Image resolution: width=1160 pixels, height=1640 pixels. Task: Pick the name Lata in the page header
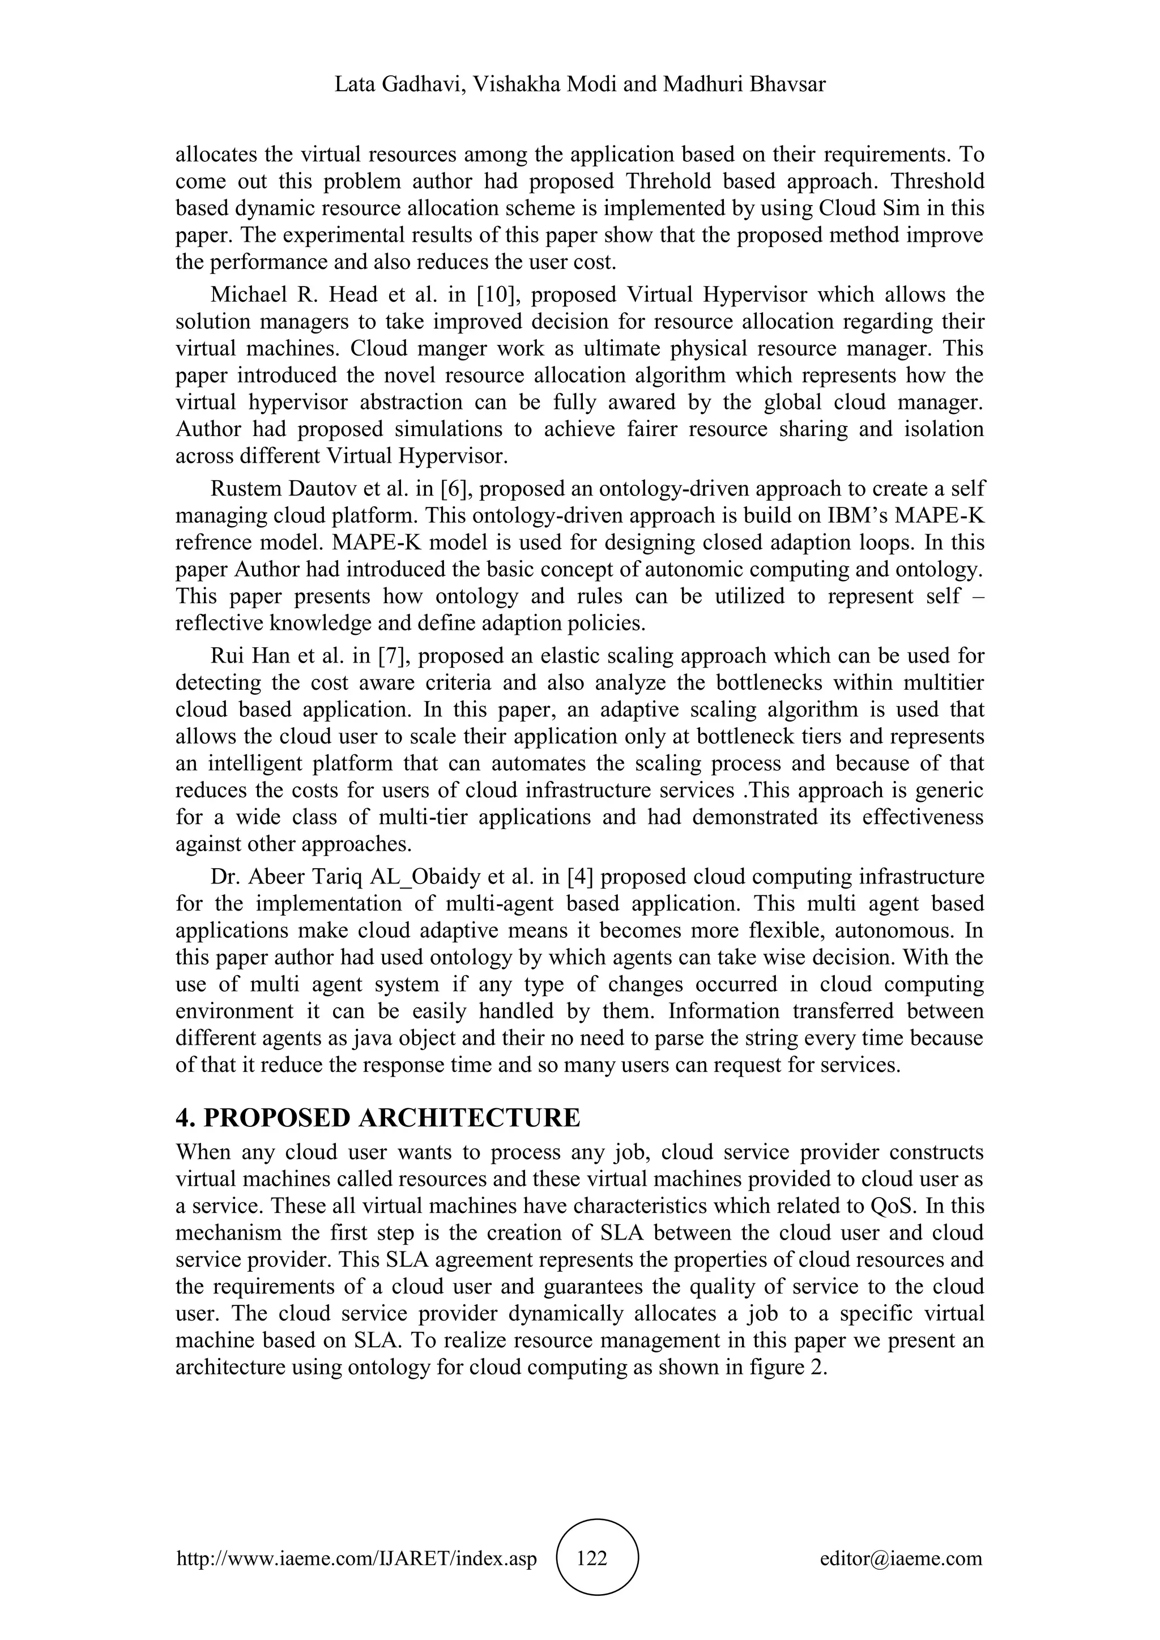(353, 85)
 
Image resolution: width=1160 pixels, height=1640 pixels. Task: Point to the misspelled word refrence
(214, 543)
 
